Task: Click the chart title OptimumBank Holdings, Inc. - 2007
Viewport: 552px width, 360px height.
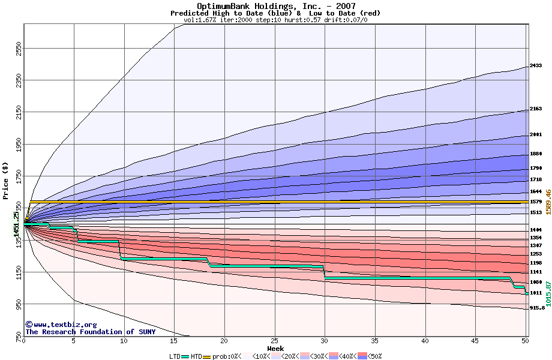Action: tap(275, 6)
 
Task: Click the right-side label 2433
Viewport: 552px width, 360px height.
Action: tap(536, 65)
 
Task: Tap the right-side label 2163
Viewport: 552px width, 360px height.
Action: tap(536, 109)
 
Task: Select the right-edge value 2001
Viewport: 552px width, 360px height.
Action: tap(536, 134)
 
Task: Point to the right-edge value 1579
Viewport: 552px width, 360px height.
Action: tap(536, 202)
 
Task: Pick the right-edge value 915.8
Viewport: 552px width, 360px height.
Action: tap(537, 308)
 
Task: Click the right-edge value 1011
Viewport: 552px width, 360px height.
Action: tap(536, 293)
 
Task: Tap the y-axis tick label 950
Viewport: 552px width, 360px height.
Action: tap(18, 306)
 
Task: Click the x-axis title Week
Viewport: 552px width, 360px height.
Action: tap(275, 348)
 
